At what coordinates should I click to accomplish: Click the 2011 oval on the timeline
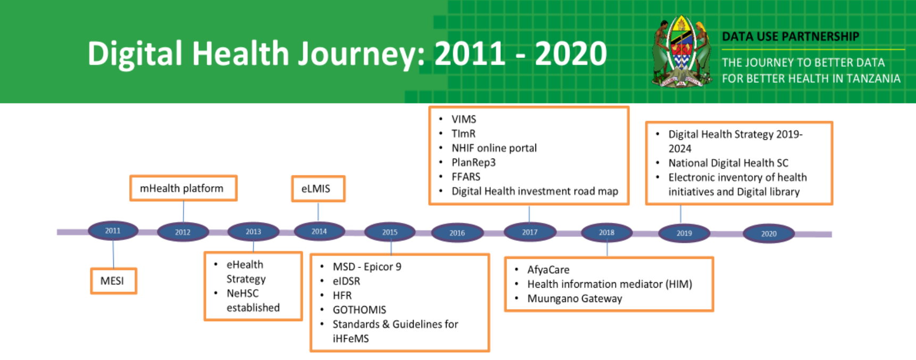coord(113,231)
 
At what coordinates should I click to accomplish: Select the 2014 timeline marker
coord(319,231)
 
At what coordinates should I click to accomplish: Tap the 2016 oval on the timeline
coord(457,233)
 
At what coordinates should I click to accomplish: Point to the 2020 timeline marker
coord(768,233)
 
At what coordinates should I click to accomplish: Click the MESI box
coord(113,281)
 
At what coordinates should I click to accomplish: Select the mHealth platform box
coord(183,188)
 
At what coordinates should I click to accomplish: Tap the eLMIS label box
coord(318,189)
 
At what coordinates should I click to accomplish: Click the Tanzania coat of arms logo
coord(681,52)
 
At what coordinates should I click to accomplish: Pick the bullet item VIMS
coord(464,120)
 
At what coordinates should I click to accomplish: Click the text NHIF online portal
coord(494,148)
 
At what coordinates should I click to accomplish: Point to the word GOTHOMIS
coord(359,310)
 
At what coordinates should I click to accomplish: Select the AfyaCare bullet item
coord(548,270)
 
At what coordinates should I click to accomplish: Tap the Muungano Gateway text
coord(574,299)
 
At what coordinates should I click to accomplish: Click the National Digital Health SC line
coord(728,163)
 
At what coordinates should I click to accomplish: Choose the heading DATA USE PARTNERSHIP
coord(790,37)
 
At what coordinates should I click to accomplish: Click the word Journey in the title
coord(358,55)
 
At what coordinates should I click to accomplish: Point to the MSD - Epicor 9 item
coord(367,267)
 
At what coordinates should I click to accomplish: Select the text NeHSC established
coord(253,300)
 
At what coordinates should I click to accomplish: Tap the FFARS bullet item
coord(466,177)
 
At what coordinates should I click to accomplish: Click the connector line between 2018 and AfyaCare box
coord(607,249)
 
